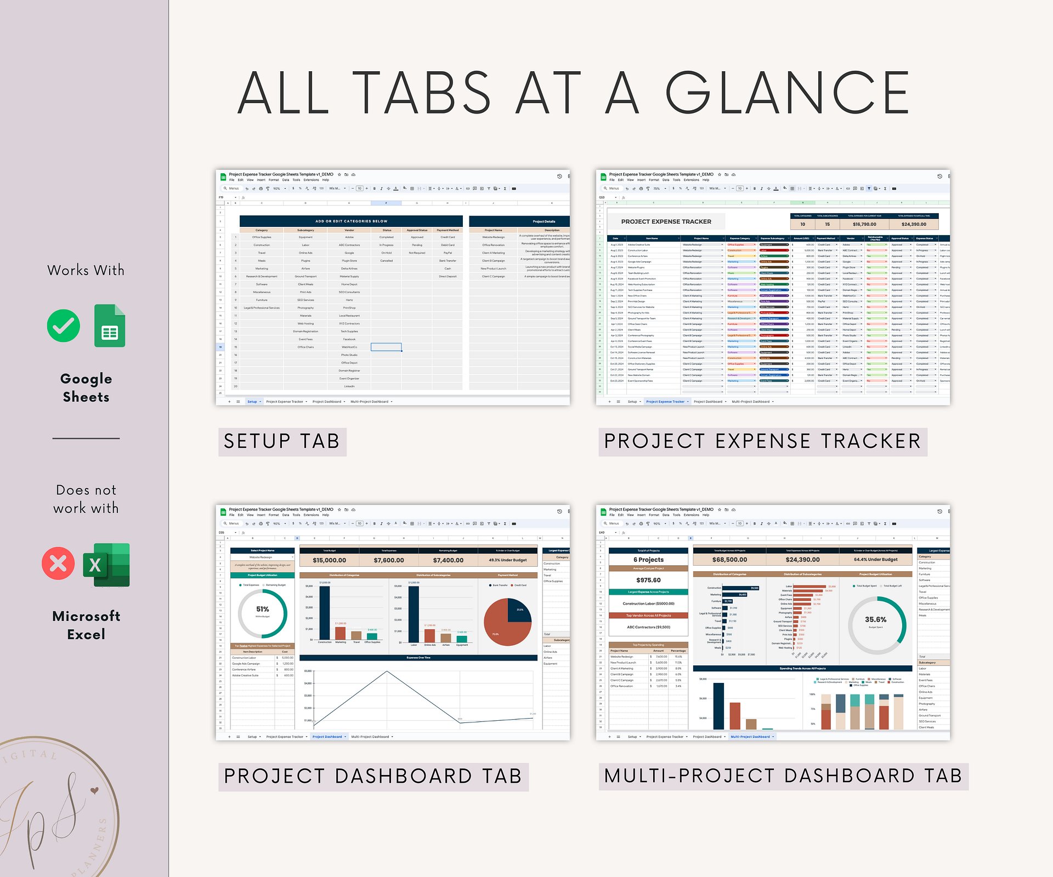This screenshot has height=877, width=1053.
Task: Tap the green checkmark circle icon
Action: click(x=64, y=326)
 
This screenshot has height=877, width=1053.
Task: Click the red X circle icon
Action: click(x=58, y=563)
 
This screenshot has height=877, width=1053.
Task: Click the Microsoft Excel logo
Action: click(x=107, y=565)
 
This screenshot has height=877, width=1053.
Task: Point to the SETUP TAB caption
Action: click(x=282, y=442)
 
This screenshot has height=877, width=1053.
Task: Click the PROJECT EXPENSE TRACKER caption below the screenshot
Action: click(x=762, y=442)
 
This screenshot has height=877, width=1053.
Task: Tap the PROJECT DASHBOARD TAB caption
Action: click(x=373, y=777)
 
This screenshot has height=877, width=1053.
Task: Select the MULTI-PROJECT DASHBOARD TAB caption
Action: click(x=783, y=776)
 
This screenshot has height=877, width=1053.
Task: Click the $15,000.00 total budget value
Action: click(x=329, y=560)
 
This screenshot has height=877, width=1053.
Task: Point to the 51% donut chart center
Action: click(x=263, y=610)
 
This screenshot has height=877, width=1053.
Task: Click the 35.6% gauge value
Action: click(x=875, y=619)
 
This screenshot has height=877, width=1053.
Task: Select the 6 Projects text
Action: click(x=648, y=560)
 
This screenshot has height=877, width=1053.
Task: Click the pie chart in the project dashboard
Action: click(x=507, y=622)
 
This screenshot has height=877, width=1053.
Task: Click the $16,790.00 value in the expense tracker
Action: click(x=864, y=224)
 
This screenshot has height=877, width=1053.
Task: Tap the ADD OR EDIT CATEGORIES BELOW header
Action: click(x=351, y=221)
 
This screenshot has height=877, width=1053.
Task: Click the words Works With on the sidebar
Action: click(x=86, y=270)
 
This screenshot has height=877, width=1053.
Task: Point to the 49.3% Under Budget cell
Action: click(x=507, y=560)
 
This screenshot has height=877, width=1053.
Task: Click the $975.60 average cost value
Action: click(x=648, y=580)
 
